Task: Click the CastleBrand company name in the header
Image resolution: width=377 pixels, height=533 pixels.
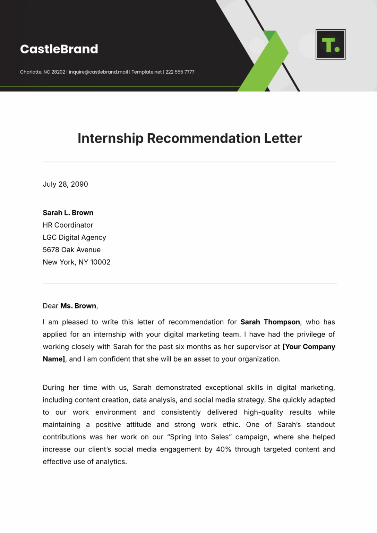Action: pos(59,49)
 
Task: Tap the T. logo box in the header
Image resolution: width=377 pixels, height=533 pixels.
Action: pos(331,44)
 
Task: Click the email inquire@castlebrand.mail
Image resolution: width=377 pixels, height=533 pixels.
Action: pos(98,72)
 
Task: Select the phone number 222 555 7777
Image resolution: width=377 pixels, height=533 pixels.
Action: pos(180,72)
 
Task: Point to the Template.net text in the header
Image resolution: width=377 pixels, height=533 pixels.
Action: pos(147,72)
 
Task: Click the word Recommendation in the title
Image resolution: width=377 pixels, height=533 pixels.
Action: pos(204,138)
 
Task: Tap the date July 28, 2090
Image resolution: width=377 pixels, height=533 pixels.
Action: pos(65,184)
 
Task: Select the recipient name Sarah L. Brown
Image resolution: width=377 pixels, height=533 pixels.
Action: pos(68,213)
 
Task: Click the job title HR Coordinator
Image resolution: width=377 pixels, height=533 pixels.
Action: pos(68,225)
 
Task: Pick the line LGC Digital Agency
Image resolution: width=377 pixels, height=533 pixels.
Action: pos(74,237)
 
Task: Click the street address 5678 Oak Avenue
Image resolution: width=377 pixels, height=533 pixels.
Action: pos(71,250)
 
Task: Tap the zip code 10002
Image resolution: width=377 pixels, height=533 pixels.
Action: pos(100,262)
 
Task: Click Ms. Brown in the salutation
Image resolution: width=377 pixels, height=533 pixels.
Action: pos(78,306)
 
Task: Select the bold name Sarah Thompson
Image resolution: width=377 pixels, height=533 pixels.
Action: pos(270,322)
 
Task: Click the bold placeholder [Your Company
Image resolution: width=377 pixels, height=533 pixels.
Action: pos(309,347)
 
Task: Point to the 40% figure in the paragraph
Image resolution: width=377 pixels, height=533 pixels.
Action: pos(223,449)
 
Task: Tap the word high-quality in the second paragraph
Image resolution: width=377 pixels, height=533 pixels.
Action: pos(263,412)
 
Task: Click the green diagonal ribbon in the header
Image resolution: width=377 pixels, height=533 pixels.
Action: pos(267,62)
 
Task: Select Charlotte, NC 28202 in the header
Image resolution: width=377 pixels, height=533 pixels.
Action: pos(43,72)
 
